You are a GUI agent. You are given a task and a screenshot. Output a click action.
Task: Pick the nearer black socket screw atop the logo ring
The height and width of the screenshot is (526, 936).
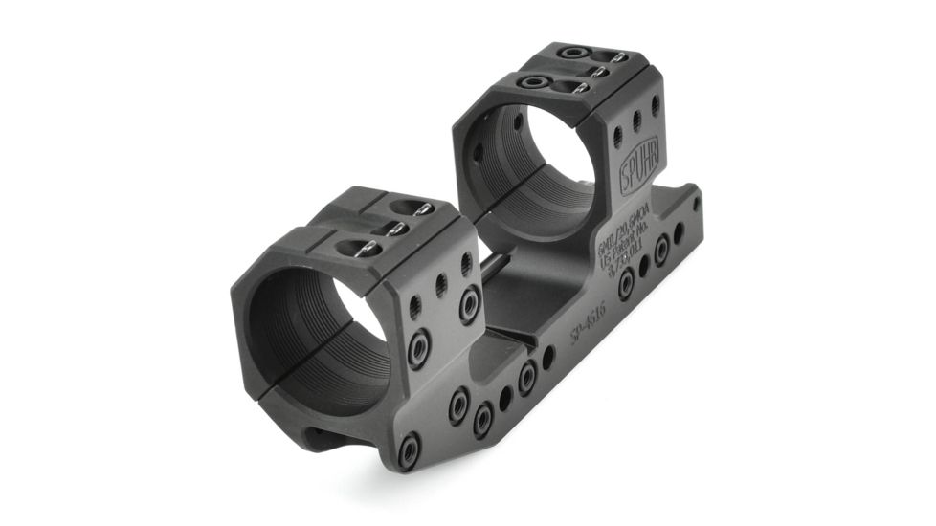(x=531, y=82)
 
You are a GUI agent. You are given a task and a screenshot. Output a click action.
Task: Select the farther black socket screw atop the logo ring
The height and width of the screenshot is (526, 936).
(x=574, y=54)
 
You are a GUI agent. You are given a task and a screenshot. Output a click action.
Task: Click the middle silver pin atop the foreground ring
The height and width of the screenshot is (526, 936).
(x=390, y=229)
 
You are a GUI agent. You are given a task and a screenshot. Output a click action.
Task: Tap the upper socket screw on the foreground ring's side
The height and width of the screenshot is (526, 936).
(x=469, y=303)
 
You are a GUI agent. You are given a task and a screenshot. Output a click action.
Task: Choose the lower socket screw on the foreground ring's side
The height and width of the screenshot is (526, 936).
(x=419, y=348)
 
